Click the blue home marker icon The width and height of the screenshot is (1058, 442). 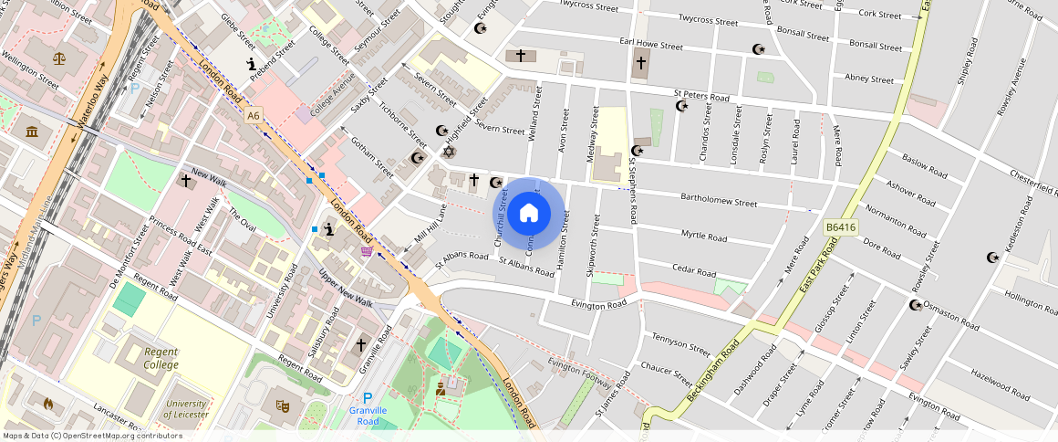pyautogui.click(x=529, y=214)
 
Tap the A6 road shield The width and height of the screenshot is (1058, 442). pyautogui.click(x=253, y=115)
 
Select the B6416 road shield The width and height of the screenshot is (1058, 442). pyautogui.click(x=843, y=226)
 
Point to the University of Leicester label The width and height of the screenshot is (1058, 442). pyautogui.click(x=186, y=408)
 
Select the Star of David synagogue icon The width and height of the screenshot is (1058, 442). pyautogui.click(x=448, y=151)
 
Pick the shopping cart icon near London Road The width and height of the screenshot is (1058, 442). pyautogui.click(x=367, y=252)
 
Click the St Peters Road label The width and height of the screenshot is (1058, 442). pyautogui.click(x=701, y=95)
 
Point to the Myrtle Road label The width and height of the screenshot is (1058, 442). pyautogui.click(x=703, y=236)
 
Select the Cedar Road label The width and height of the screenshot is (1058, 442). pyautogui.click(x=693, y=270)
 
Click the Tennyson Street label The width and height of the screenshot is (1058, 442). pyautogui.click(x=680, y=343)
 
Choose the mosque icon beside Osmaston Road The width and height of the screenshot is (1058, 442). pyautogui.click(x=915, y=305)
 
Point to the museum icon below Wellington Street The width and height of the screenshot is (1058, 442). pyautogui.click(x=33, y=132)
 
